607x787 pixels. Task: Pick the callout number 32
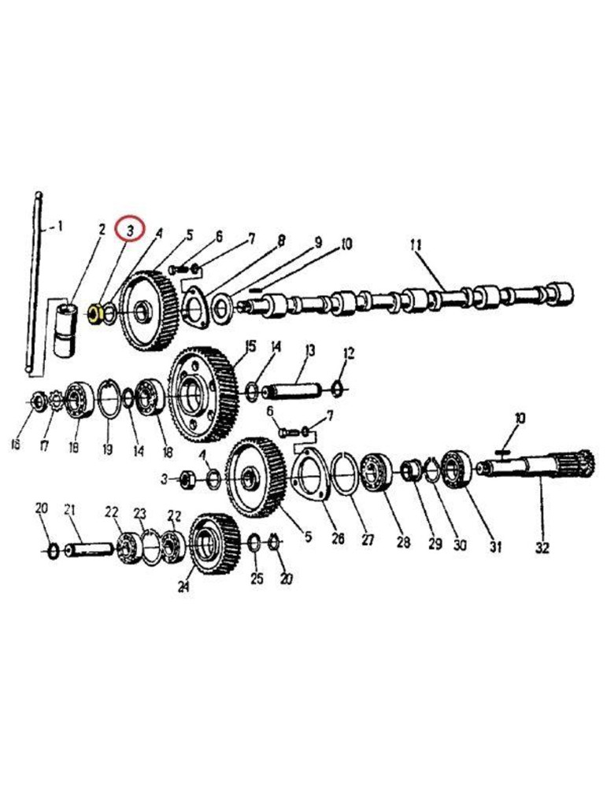point(542,547)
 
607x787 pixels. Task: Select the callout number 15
point(250,345)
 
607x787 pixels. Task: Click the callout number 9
point(318,242)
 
